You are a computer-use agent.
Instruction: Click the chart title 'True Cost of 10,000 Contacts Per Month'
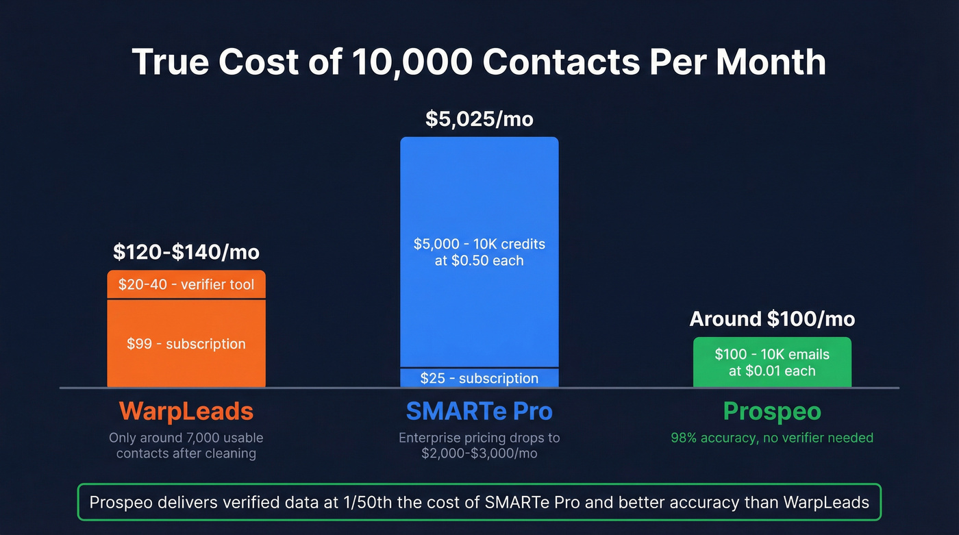479,62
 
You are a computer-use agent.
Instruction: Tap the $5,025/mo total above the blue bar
479,119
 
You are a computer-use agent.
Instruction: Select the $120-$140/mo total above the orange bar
186,252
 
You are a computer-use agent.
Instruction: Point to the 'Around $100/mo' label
772,319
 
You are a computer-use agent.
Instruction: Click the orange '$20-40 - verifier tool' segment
186,284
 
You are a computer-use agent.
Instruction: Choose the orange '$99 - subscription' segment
186,343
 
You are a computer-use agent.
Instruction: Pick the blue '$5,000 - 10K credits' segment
479,251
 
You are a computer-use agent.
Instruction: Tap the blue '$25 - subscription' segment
479,378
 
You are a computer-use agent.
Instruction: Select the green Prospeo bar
772,362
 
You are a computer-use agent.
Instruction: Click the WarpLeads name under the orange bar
186,411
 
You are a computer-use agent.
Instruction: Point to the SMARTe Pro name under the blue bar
479,411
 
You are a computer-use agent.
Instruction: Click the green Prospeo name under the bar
772,411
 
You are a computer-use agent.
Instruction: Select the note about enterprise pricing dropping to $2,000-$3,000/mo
479,445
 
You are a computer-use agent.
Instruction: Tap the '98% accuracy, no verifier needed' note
772,438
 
